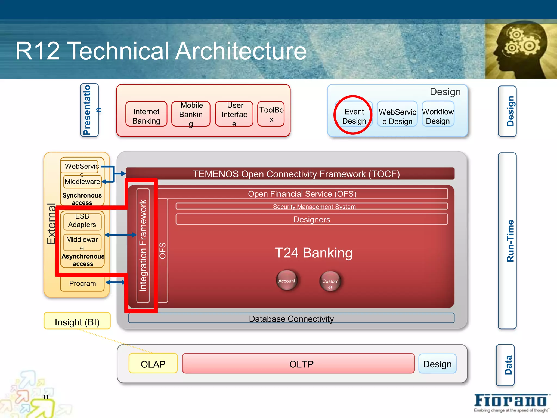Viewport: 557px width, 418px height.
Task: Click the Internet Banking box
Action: coord(146,114)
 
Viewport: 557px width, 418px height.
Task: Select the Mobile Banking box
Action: coord(191,114)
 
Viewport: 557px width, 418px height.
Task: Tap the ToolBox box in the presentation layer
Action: coord(271,114)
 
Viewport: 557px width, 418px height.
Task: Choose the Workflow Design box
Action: coord(438,114)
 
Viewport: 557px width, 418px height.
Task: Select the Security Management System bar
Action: coord(312,206)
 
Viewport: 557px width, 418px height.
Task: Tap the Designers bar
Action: coord(312,219)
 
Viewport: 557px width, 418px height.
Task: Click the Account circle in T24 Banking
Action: coord(287,281)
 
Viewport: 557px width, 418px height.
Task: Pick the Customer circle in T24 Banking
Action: coord(330,282)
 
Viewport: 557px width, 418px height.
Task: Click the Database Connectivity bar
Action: coord(291,318)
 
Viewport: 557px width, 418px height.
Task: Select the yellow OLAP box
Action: coord(153,364)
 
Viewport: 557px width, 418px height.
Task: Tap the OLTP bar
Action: coord(298,364)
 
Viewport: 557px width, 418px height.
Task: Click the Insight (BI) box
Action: coord(77,321)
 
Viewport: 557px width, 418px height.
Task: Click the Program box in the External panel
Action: coord(82,284)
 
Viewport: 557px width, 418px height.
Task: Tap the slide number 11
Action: coord(46,397)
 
